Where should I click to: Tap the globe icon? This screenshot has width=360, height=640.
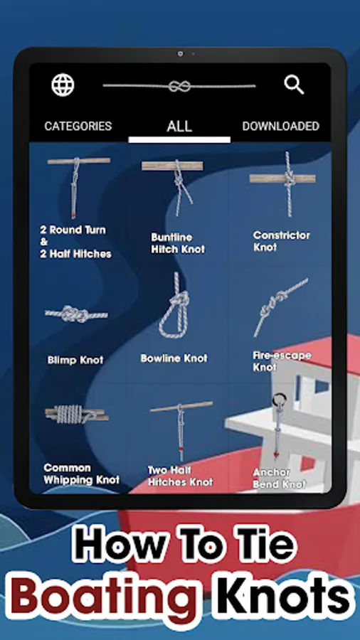click(x=63, y=85)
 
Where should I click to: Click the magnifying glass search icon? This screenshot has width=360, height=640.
click(x=294, y=85)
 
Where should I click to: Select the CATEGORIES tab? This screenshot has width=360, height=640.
click(x=78, y=126)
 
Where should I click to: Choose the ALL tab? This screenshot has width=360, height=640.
click(x=179, y=126)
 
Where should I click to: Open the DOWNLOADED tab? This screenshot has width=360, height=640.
click(x=281, y=126)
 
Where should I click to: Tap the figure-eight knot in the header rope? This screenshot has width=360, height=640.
click(x=179, y=86)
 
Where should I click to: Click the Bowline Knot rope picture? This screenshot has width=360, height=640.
click(x=174, y=305)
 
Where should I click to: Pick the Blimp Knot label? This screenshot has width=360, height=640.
click(x=75, y=360)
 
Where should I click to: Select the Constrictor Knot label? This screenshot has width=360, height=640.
click(x=282, y=241)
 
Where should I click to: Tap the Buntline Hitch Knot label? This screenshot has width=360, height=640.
click(x=178, y=243)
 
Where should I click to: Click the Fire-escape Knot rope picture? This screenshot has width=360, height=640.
click(x=281, y=306)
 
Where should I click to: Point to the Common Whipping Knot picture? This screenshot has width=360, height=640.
click(x=77, y=415)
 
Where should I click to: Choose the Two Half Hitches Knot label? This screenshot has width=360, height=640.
click(x=181, y=476)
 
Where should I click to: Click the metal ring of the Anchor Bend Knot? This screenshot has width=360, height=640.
click(x=279, y=399)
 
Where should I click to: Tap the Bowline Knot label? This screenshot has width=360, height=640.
click(x=174, y=358)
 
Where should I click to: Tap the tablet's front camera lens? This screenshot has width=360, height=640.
click(x=181, y=53)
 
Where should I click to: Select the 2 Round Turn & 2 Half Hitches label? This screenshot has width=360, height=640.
click(x=75, y=242)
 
